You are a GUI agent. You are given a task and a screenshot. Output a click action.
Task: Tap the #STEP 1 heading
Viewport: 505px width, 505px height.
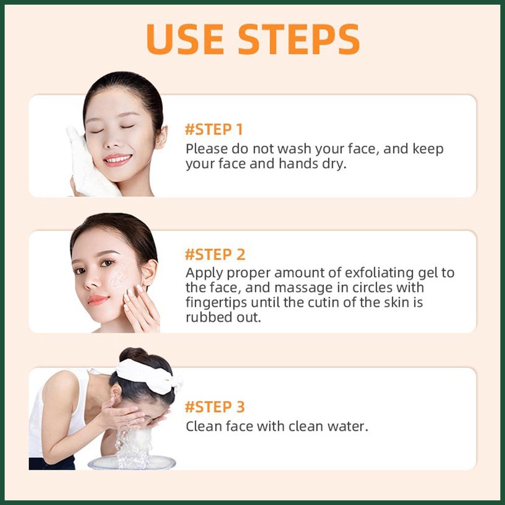pos(214,130)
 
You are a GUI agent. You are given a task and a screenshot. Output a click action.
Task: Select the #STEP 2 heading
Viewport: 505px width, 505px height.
pos(215,254)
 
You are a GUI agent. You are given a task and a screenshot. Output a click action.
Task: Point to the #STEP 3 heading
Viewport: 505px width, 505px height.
pos(215,407)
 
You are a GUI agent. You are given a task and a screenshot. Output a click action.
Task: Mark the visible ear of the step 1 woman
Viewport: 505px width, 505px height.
pos(161,137)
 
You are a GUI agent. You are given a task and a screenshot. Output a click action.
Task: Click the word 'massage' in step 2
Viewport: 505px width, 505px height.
pos(301,288)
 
